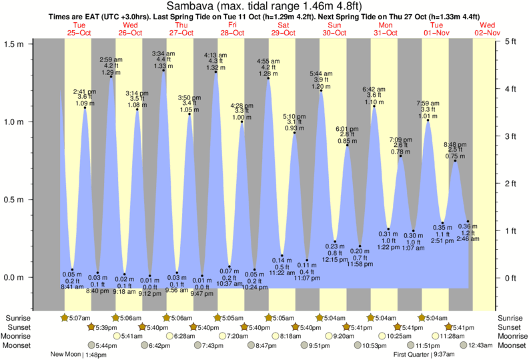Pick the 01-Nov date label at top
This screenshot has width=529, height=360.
(436, 33)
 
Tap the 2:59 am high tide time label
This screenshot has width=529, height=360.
(111, 60)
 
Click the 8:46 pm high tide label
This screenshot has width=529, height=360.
(456, 144)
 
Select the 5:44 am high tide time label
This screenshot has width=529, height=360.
(322, 73)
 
